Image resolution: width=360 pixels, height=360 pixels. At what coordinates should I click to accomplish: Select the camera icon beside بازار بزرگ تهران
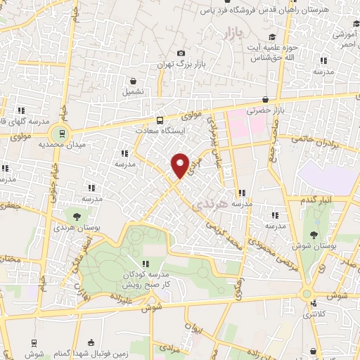coord(181,53)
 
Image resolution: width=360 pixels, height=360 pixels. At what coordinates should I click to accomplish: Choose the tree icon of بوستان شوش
coord(314,235)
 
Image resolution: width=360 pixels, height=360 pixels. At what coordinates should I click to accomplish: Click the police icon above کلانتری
coord(314,304)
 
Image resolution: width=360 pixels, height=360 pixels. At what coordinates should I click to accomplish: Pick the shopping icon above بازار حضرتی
coord(265,100)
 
